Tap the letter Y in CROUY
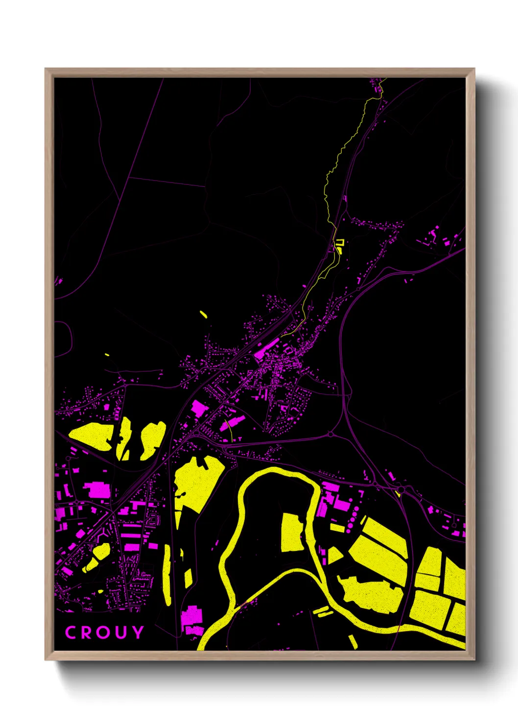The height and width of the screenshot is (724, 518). pyautogui.click(x=138, y=633)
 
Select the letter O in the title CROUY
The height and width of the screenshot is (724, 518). pyautogui.click(x=104, y=633)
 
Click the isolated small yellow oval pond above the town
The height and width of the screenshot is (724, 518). pyautogui.click(x=203, y=314)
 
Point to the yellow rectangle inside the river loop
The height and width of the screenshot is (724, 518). pyautogui.click(x=292, y=533)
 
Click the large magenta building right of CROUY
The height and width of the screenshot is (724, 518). pyautogui.click(x=192, y=618)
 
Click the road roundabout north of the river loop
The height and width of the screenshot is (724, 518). pyautogui.click(x=330, y=434)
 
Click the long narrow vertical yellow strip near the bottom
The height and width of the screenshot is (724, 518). pyautogui.click(x=167, y=575)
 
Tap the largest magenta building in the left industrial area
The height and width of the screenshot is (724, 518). pyautogui.click(x=96, y=490)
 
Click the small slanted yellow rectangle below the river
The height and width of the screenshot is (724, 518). pyautogui.click(x=353, y=641)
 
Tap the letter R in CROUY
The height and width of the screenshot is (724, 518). pyautogui.click(x=87, y=633)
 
